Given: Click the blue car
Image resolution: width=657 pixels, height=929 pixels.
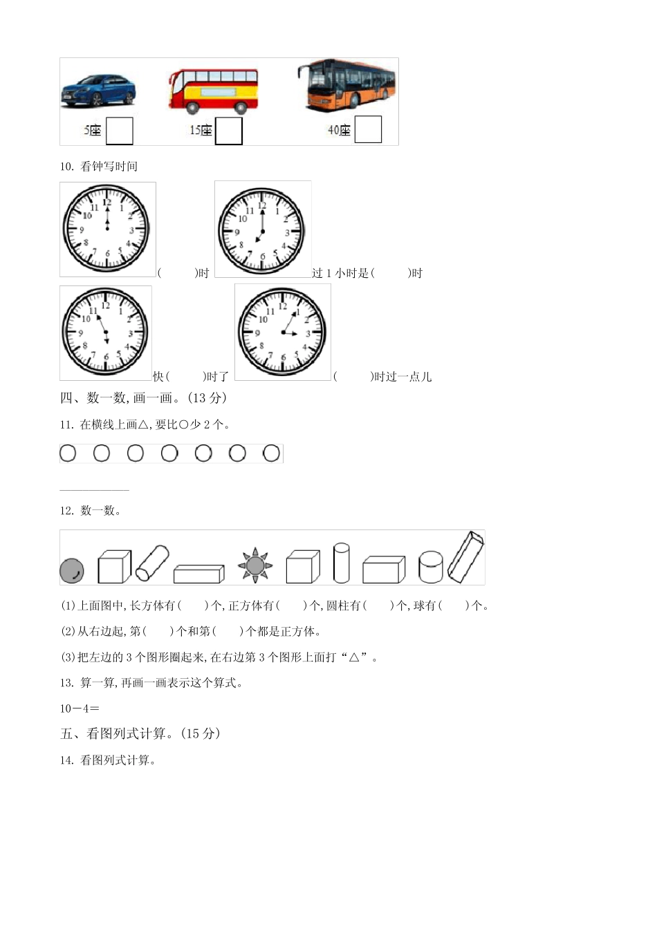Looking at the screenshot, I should pos(98,91).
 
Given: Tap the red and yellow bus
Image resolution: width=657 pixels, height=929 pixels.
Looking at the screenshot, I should pos(213,91).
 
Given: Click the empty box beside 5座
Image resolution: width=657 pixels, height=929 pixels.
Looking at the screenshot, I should pos(119,131).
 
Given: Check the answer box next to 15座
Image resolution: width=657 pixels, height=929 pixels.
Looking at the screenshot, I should pos(228,131).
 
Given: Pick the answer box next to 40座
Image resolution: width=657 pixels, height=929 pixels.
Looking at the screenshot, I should pos(367,129).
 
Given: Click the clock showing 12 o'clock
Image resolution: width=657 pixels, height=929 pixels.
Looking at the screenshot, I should pos(107,228).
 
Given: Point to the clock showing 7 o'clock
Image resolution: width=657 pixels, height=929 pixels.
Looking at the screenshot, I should pos(262,229).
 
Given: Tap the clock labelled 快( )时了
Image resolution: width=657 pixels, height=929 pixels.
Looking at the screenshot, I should pos(105,332).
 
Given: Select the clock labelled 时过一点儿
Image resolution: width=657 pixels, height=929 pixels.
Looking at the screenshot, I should pos(282,332).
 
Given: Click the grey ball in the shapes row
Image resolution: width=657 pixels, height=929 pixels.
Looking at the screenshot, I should pos(72,571).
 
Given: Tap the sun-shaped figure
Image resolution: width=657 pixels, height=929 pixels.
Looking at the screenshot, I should pos(255,565).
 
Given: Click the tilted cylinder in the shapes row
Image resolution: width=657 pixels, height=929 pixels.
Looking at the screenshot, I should pos(152,563).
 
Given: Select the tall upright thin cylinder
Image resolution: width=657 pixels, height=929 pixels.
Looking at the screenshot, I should pos(341,563).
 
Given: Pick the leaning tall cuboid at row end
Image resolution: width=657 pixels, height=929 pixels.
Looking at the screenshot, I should pos(465,556).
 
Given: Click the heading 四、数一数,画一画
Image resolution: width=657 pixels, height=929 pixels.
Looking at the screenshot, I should pos(143,398).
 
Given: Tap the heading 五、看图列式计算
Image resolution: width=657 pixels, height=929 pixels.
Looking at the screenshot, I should pos(140,734).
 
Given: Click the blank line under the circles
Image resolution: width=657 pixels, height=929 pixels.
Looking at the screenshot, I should pos(94,489).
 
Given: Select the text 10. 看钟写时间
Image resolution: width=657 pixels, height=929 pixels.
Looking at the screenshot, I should pos(98,167).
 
